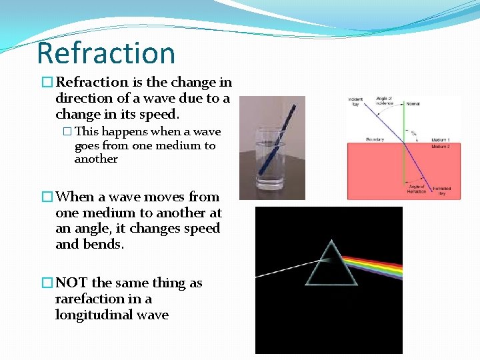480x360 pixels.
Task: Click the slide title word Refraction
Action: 106,53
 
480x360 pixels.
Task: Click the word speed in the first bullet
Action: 159,115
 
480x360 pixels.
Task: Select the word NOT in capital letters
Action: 71,283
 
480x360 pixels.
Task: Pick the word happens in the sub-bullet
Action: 125,132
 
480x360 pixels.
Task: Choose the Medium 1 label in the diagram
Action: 440,139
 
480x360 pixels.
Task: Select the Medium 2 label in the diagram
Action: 440,146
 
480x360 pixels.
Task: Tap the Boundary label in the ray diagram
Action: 356,139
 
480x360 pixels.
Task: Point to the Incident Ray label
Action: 355,103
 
